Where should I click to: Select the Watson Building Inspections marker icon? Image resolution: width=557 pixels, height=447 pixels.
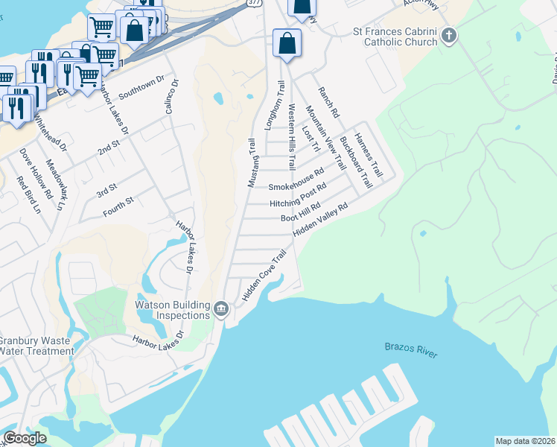click(x=221, y=309)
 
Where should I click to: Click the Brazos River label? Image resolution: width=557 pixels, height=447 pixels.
click(x=410, y=351)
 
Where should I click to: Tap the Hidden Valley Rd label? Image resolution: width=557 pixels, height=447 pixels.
click(x=320, y=221)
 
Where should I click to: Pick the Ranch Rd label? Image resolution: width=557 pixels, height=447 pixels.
click(x=328, y=102)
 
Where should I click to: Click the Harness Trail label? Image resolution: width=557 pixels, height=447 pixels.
click(x=368, y=154)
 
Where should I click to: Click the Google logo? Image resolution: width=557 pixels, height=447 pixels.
click(x=25, y=438)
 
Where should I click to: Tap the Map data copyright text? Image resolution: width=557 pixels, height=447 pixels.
click(x=526, y=441)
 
